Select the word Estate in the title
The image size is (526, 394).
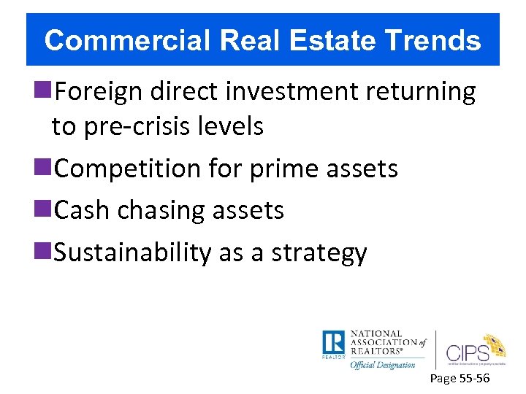coord(317,40)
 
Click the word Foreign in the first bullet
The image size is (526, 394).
coord(99,92)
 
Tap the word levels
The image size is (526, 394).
coord(232,126)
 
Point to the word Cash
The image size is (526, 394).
coord(81,210)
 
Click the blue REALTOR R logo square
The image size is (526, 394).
coord(332,342)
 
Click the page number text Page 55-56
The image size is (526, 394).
coord(460,379)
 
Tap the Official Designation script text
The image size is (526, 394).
coord(382,364)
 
